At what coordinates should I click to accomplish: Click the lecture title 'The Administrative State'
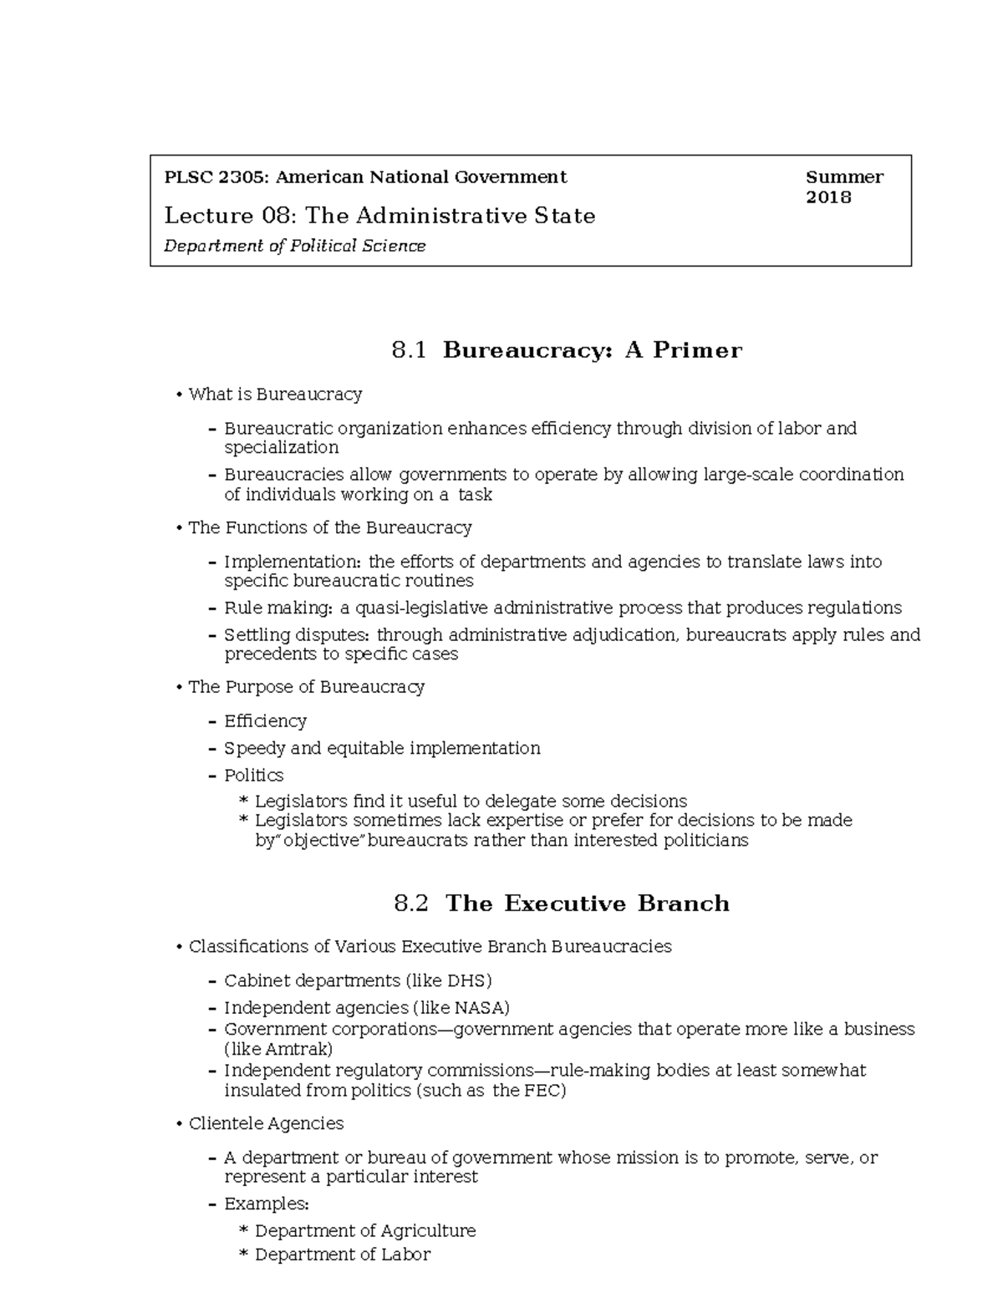[450, 216]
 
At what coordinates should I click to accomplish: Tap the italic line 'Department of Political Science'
[295, 246]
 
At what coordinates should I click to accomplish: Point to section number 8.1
[409, 350]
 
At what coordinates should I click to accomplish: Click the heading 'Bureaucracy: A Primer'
[592, 350]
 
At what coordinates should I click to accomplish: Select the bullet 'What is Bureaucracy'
[275, 394]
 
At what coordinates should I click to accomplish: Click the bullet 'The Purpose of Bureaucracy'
[306, 687]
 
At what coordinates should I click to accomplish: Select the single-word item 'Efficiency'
[265, 720]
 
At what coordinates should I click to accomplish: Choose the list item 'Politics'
[253, 775]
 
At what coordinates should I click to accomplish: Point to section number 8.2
[410, 904]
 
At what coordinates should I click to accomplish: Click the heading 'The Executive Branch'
[588, 904]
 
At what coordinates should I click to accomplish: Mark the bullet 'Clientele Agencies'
[266, 1123]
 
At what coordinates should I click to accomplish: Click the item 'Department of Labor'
[342, 1254]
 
